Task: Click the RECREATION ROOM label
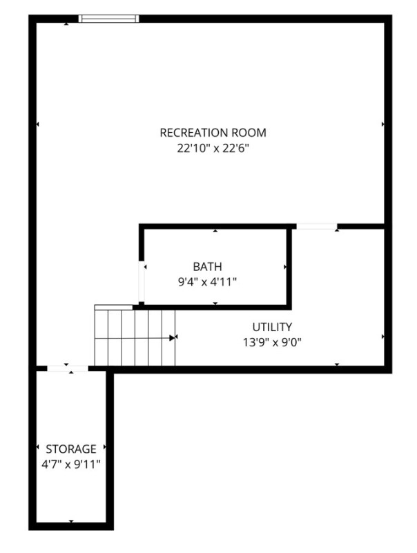(213, 133)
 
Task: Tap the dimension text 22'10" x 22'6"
(213, 148)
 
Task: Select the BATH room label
(208, 266)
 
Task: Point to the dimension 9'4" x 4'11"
(208, 281)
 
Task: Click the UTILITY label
(272, 327)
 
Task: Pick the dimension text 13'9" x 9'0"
(272, 341)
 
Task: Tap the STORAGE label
(71, 449)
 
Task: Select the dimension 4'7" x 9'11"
(71, 464)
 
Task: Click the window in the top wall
(109, 19)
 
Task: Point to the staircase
(135, 337)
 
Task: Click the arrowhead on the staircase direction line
(171, 338)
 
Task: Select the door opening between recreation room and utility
(316, 226)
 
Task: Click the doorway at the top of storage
(68, 369)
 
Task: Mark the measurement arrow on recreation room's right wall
(382, 124)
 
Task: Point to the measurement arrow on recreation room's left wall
(37, 124)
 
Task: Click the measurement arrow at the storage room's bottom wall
(71, 521)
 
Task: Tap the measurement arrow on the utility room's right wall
(382, 337)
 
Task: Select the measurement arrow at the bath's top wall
(215, 231)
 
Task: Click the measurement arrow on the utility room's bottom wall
(337, 364)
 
